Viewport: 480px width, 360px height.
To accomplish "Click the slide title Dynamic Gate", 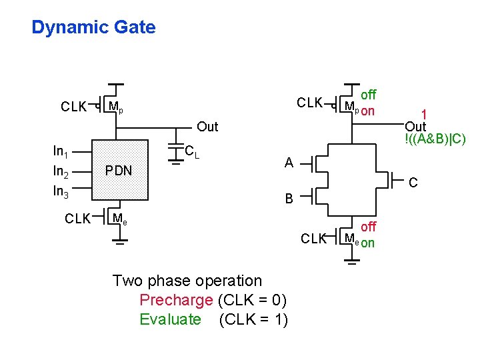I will (93, 27).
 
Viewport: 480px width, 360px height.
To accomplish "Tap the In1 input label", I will (61, 151).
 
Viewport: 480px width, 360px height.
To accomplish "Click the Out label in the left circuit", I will (207, 127).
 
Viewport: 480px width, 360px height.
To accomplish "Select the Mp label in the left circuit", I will (115, 107).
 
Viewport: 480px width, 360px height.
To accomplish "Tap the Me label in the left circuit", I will (120, 218).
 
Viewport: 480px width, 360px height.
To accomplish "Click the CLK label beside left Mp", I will (73, 107).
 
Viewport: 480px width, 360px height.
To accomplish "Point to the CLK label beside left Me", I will (77, 218).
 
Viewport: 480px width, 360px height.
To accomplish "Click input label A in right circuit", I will (289, 163).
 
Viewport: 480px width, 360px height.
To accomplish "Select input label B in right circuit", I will (289, 198).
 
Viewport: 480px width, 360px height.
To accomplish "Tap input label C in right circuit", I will (413, 182).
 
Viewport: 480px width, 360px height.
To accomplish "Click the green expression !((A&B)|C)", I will (435, 139).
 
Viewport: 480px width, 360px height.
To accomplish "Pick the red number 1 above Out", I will (423, 115).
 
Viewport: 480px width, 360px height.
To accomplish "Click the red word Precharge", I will (176, 300).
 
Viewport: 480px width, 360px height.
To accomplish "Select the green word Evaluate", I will (170, 319).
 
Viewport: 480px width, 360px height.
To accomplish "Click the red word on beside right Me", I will (367, 243).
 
